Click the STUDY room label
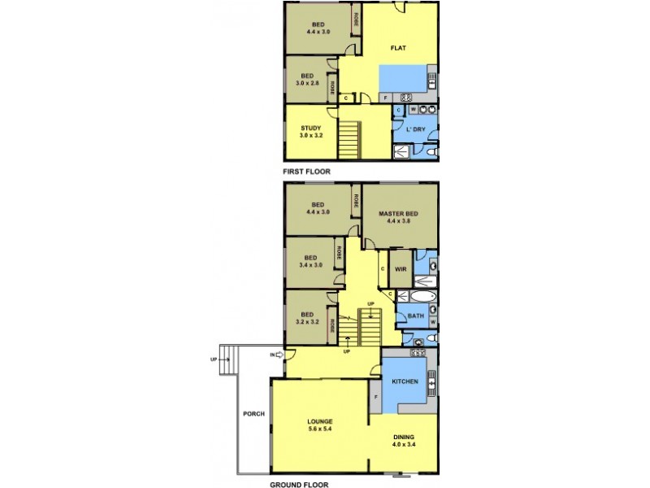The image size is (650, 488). (x=310, y=132)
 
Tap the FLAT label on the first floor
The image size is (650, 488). (x=398, y=48)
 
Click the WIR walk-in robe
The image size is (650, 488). (x=400, y=268)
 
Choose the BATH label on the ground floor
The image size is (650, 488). (x=415, y=316)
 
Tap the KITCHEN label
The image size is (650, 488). (x=405, y=381)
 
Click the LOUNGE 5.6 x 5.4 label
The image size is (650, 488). (x=319, y=425)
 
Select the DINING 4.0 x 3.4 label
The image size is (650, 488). (x=403, y=439)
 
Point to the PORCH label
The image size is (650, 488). (x=253, y=414)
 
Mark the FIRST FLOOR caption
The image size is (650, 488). (x=306, y=172)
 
